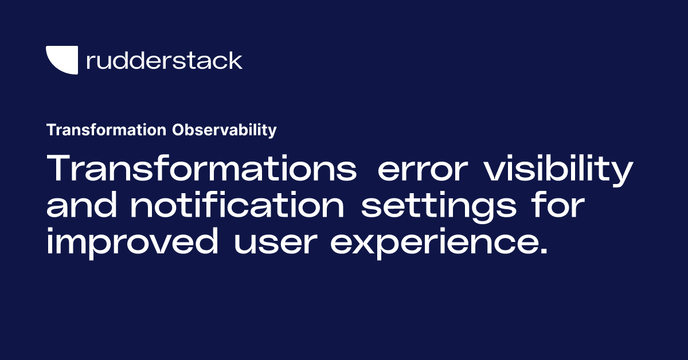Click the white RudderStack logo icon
pos(61,60)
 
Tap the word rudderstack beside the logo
pos(164,60)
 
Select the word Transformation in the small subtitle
pos(107,130)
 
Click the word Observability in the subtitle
pos(224,130)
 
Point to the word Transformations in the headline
pos(201,170)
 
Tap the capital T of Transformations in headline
pos(58,170)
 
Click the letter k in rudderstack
pos(236,60)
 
